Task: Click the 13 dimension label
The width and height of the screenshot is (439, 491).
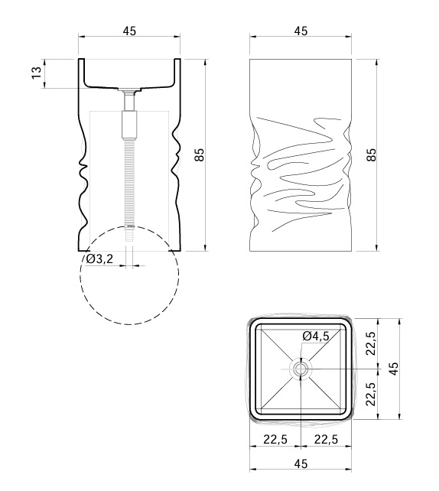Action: [37, 73]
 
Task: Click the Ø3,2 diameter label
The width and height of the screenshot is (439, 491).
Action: [99, 259]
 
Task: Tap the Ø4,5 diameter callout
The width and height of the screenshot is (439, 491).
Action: [317, 336]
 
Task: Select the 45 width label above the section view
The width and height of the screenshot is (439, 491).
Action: [129, 31]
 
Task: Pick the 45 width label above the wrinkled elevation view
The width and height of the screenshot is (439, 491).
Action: [301, 31]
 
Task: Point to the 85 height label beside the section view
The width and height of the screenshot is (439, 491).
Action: [200, 154]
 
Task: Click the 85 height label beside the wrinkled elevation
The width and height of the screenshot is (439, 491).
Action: [371, 154]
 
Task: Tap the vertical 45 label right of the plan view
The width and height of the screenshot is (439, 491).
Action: [394, 369]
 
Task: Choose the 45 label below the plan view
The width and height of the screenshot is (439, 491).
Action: [301, 463]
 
